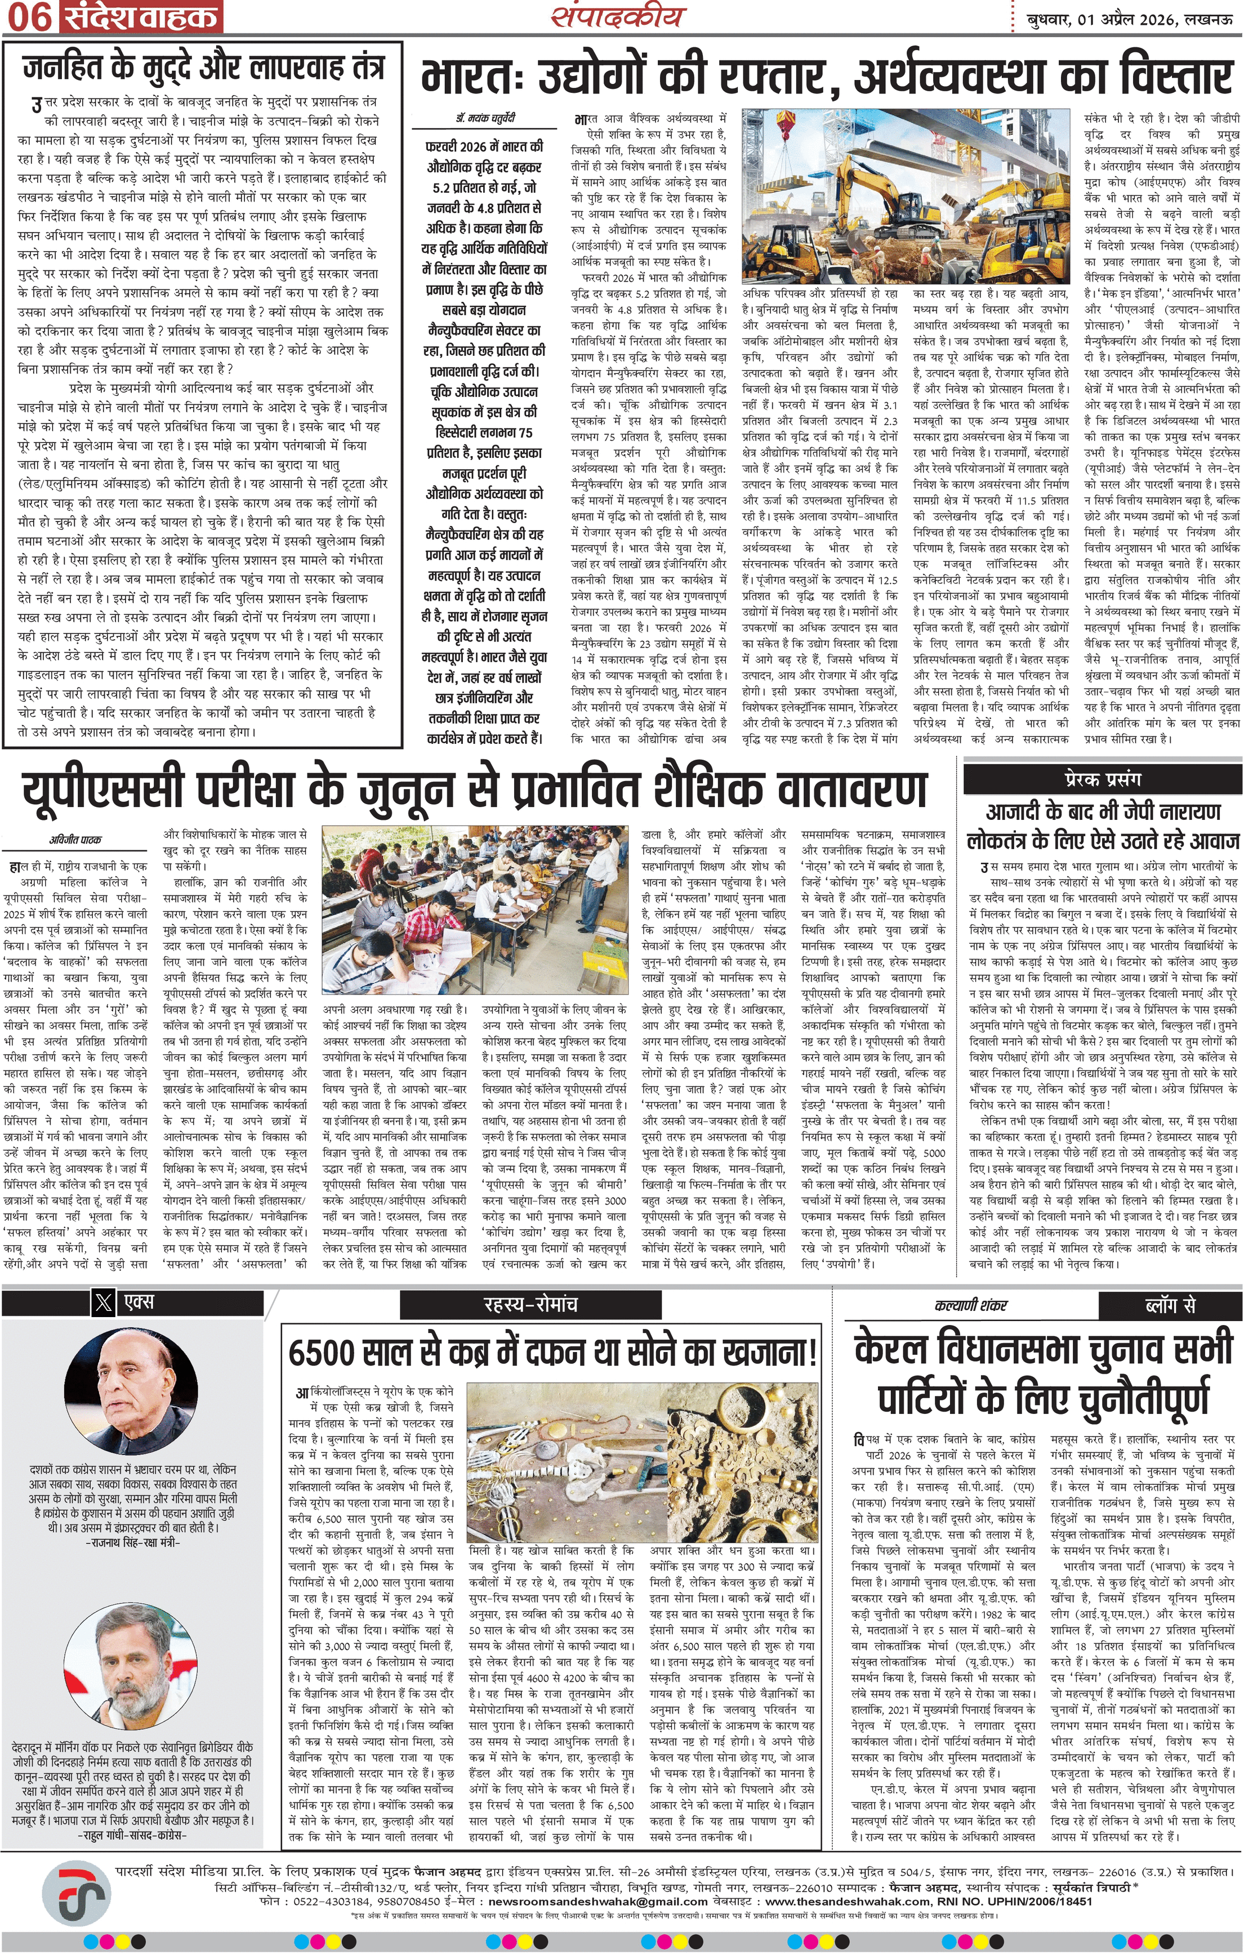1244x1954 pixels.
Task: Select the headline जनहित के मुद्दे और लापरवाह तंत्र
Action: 203,68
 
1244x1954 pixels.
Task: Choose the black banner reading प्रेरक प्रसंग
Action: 1102,779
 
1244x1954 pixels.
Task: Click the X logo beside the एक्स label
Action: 103,1303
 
